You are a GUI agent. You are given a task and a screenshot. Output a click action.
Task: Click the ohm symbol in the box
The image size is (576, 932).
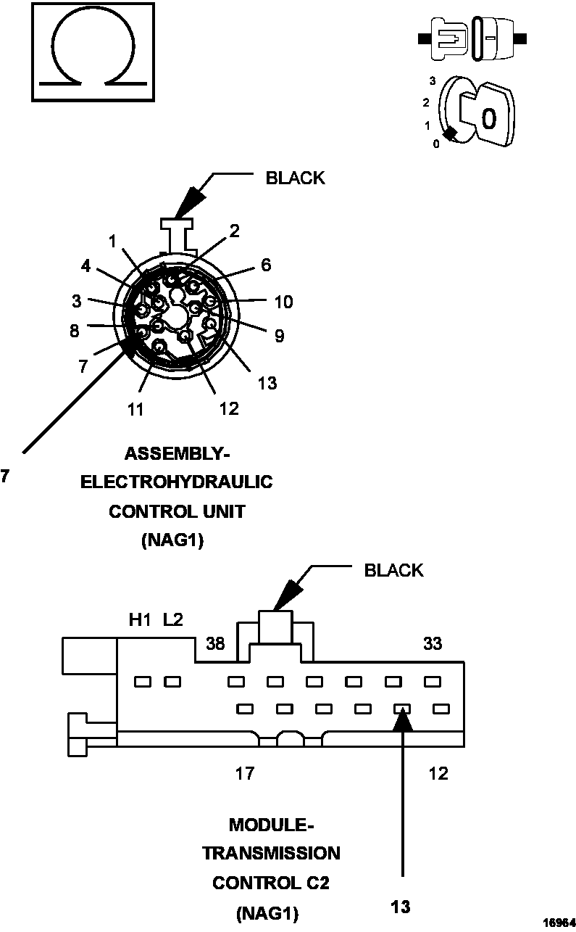(92, 51)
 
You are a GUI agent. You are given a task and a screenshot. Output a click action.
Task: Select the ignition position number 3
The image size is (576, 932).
(432, 81)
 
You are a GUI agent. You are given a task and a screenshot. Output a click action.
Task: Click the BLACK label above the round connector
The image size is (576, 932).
(295, 178)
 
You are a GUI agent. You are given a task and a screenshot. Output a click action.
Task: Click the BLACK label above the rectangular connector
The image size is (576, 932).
(393, 570)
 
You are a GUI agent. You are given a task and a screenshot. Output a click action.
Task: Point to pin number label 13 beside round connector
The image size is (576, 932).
(267, 383)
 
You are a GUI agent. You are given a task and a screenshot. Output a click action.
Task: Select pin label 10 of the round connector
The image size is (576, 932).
(283, 302)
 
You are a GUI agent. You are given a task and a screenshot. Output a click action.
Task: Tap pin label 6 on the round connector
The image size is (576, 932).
(266, 265)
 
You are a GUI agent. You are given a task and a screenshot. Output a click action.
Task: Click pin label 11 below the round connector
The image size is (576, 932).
(135, 409)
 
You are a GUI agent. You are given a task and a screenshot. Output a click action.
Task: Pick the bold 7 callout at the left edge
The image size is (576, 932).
(5, 476)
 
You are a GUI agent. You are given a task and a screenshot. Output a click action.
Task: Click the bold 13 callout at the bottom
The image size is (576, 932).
(400, 906)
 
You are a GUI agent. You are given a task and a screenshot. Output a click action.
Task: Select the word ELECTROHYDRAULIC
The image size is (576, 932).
(177, 482)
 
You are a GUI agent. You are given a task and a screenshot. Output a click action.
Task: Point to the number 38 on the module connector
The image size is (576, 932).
(215, 643)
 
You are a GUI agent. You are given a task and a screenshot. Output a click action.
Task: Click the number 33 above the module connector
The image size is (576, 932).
(433, 643)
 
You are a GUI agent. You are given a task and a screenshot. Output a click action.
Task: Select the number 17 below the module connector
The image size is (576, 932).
(245, 773)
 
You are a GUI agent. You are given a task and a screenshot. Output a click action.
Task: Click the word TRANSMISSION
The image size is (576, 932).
(271, 853)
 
